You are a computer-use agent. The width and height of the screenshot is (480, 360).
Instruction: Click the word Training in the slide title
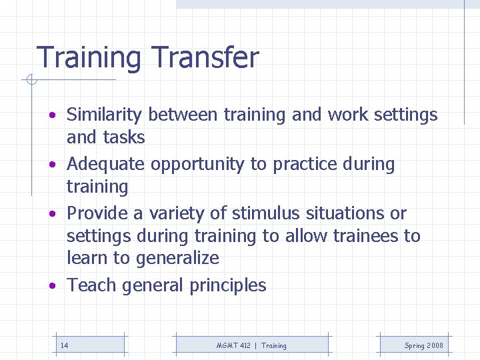pos(88,59)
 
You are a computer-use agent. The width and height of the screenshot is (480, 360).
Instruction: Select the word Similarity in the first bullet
pos(105,115)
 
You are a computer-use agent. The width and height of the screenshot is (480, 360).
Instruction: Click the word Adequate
pos(107,165)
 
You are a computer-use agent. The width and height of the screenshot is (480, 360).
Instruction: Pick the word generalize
pos(178,259)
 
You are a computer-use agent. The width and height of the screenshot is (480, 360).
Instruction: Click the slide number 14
pos(64,345)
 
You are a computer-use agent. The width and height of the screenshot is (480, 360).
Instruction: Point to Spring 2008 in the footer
pos(423,345)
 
